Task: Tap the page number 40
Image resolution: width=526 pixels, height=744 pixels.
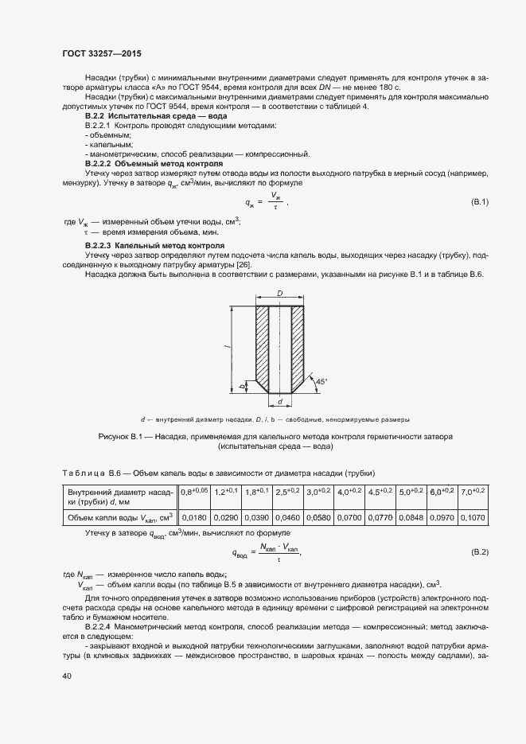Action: pos(68,676)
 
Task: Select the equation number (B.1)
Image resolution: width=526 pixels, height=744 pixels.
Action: pos(480,203)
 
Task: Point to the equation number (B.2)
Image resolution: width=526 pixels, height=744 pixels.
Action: pos(480,551)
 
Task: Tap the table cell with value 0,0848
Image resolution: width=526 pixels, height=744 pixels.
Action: pos(411,518)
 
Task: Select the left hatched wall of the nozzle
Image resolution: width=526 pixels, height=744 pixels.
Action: pos(262,344)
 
